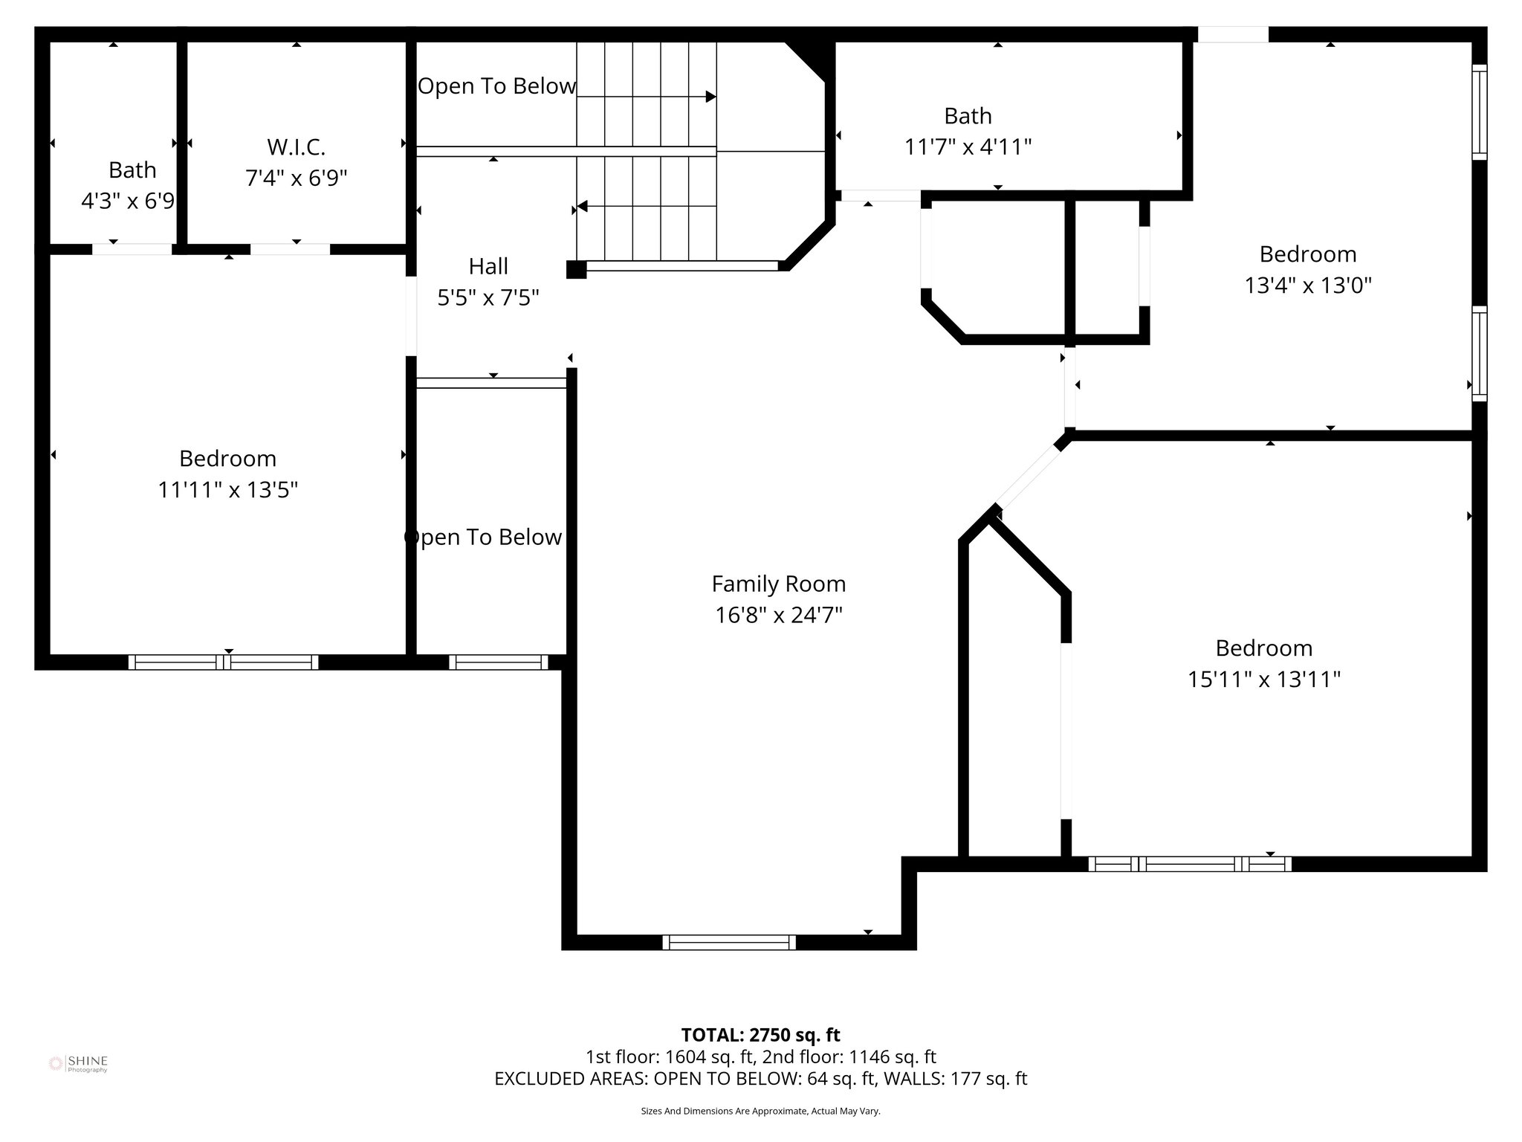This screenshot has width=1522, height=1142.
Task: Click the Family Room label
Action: [x=778, y=584]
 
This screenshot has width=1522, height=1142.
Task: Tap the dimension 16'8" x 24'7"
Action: [x=778, y=616]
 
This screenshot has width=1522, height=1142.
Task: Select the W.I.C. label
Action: [x=296, y=147]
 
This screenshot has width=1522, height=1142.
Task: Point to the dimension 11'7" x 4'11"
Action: [x=968, y=147]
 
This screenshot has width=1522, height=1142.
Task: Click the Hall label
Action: [x=488, y=266]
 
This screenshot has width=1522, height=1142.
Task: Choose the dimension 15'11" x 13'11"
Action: [x=1263, y=680]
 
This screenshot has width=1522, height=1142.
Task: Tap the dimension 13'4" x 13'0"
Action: [x=1307, y=285]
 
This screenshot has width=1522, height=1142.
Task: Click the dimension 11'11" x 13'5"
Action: [x=227, y=490]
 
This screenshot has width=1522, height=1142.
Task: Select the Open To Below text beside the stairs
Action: [x=496, y=86]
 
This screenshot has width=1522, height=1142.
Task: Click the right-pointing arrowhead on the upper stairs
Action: [x=710, y=97]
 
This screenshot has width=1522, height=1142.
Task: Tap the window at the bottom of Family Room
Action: [x=729, y=942]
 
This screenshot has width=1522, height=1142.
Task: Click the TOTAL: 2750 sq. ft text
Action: [x=760, y=1034]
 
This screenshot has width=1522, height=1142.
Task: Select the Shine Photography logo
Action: [x=78, y=1064]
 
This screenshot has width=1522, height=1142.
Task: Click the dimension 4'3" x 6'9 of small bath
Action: [x=128, y=201]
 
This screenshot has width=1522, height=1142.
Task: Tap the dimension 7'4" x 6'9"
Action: [x=296, y=178]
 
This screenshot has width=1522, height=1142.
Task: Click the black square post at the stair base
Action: [x=576, y=269]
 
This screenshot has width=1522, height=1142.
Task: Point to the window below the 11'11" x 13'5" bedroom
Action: [x=223, y=662]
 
